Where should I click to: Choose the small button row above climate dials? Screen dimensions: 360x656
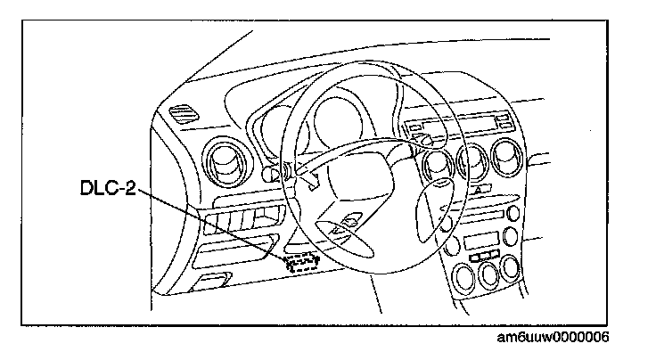pos(485,257)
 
